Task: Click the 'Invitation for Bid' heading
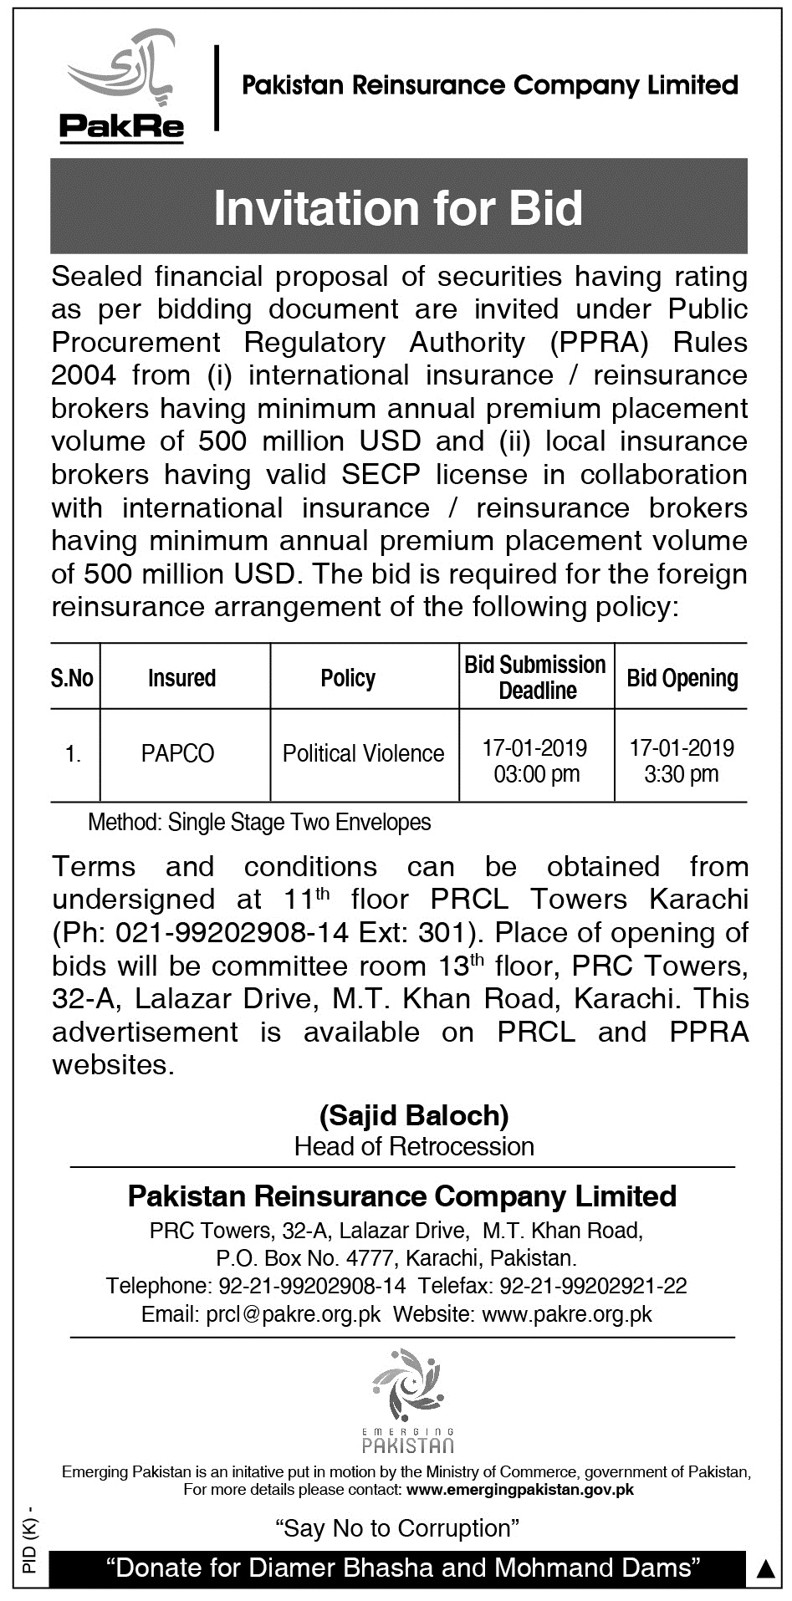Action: pyautogui.click(x=398, y=208)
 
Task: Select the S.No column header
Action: pyautogui.click(x=72, y=677)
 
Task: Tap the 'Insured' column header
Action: pyautogui.click(x=182, y=677)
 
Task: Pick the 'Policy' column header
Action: pyautogui.click(x=348, y=677)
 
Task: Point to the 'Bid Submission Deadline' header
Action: pyautogui.click(x=535, y=677)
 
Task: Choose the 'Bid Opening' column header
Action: pyautogui.click(x=682, y=677)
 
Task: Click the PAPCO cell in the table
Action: pyautogui.click(x=177, y=753)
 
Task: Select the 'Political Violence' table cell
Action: pyautogui.click(x=363, y=753)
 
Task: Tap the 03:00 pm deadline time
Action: pyautogui.click(x=536, y=774)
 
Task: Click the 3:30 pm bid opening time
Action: pyautogui.click(x=682, y=774)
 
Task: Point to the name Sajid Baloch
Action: pyautogui.click(x=414, y=1114)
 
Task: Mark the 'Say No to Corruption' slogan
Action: pyautogui.click(x=398, y=1528)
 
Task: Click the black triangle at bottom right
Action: pyautogui.click(x=764, y=1571)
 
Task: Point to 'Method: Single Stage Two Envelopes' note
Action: pyautogui.click(x=259, y=823)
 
